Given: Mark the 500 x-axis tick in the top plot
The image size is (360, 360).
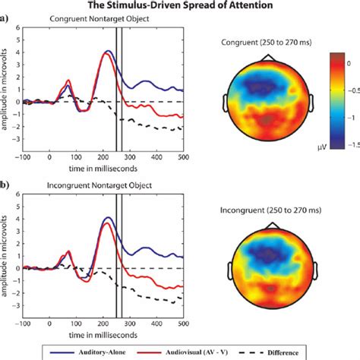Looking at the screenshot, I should pyautogui.click(x=182, y=158).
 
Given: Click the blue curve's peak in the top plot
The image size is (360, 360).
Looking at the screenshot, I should pyautogui.click(x=108, y=51).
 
